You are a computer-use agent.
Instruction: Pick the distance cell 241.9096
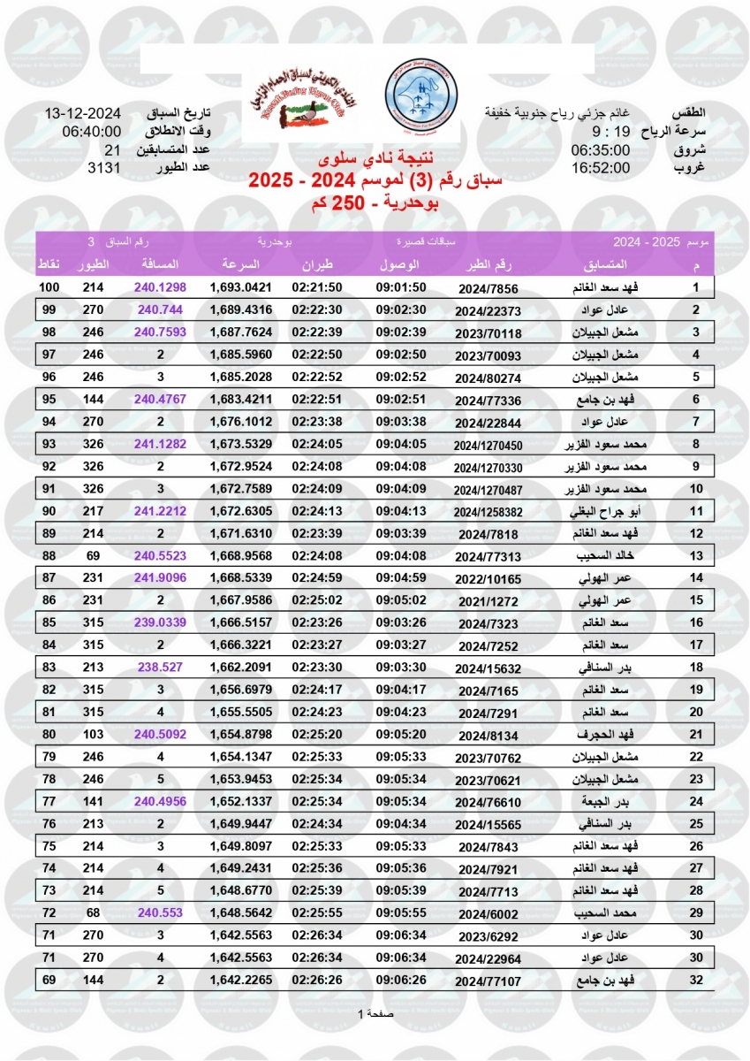tap(160, 601)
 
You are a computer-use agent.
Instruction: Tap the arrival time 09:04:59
tap(402, 601)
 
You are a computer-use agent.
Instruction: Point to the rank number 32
tap(695, 981)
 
